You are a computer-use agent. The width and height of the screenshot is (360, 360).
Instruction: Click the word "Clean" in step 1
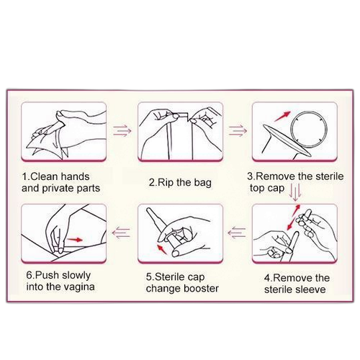click(44, 176)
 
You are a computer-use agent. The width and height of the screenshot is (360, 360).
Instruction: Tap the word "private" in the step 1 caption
click(55, 189)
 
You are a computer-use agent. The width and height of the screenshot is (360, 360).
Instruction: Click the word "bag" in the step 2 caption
click(202, 183)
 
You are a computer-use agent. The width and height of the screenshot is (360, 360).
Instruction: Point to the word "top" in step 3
click(256, 189)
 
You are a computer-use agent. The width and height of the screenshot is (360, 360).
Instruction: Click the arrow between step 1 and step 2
click(122, 131)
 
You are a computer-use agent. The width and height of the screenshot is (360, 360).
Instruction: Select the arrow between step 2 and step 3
click(238, 131)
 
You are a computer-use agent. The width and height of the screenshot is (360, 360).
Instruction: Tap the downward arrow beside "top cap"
click(295, 192)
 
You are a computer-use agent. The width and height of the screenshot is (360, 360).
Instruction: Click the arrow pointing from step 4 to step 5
click(237, 233)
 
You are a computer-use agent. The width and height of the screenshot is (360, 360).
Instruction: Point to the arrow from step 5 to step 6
click(121, 233)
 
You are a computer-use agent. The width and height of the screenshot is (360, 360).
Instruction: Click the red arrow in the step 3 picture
click(282, 116)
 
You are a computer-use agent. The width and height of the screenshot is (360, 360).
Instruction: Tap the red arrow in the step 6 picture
click(75, 240)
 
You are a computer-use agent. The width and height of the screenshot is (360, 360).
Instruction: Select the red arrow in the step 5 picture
click(162, 249)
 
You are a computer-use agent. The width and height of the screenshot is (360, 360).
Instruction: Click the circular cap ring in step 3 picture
click(291, 129)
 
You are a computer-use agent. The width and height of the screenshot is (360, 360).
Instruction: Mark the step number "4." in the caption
click(269, 279)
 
